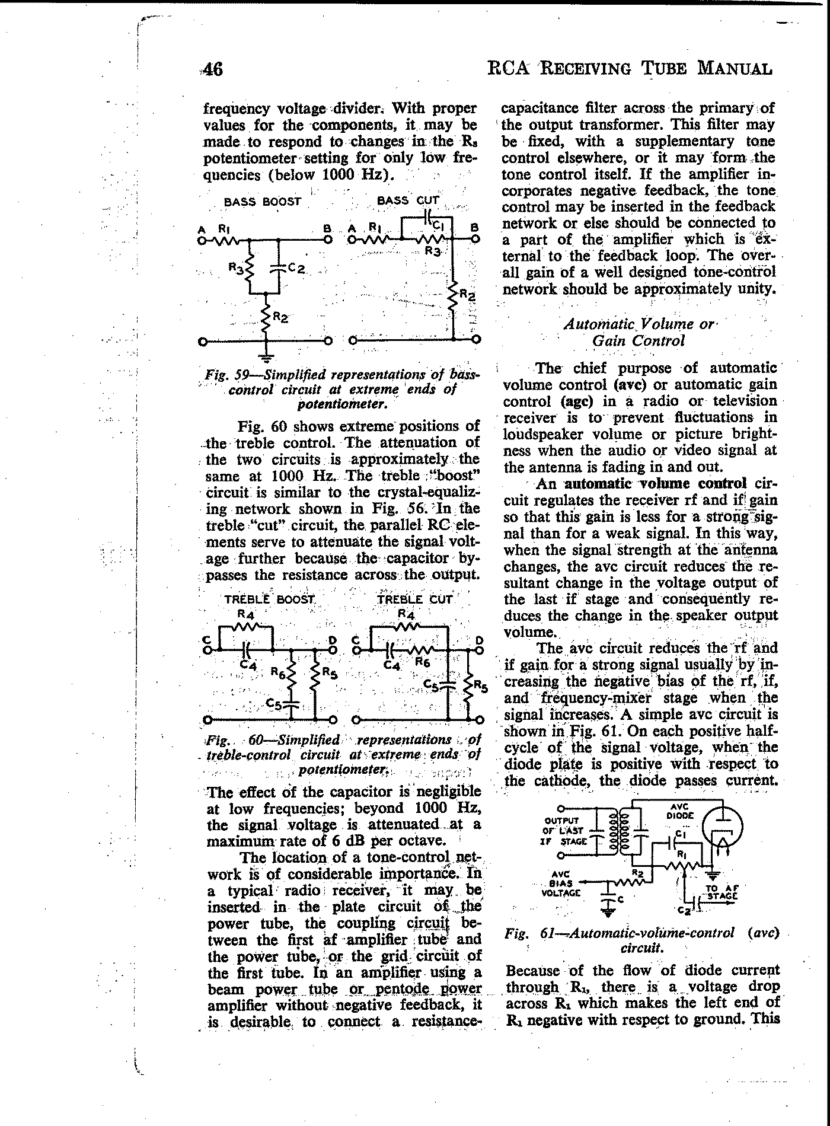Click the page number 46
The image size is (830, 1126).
click(212, 69)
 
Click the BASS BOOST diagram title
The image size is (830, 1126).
click(262, 202)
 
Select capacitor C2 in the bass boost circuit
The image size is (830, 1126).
click(279, 269)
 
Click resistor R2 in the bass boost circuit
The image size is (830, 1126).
click(267, 317)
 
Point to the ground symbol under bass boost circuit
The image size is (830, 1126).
click(267, 357)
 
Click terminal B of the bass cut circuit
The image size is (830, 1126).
click(475, 240)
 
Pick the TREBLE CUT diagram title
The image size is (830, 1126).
click(414, 599)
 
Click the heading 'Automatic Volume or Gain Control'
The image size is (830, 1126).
click(639, 332)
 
